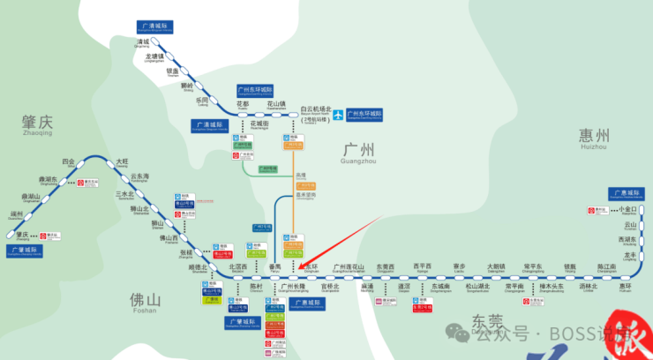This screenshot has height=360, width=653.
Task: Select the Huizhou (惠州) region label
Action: pyautogui.click(x=595, y=136)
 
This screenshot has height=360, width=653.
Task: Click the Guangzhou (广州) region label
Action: pyautogui.click(x=357, y=151)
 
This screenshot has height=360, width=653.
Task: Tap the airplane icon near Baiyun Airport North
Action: pyautogui.click(x=336, y=114)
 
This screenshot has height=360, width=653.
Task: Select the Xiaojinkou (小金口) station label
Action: pyautogui.click(x=627, y=209)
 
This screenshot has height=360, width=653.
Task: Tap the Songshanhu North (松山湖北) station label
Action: pyautogui.click(x=477, y=287)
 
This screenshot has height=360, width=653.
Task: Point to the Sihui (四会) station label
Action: pyautogui.click(x=68, y=162)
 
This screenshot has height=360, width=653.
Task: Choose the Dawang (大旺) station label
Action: pyautogui.click(x=122, y=162)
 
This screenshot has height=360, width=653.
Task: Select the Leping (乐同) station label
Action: pyautogui.click(x=203, y=101)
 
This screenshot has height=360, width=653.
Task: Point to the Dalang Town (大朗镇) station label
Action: pyautogui.click(x=497, y=266)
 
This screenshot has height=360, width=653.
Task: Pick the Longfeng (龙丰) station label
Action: pyautogui.click(x=630, y=255)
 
